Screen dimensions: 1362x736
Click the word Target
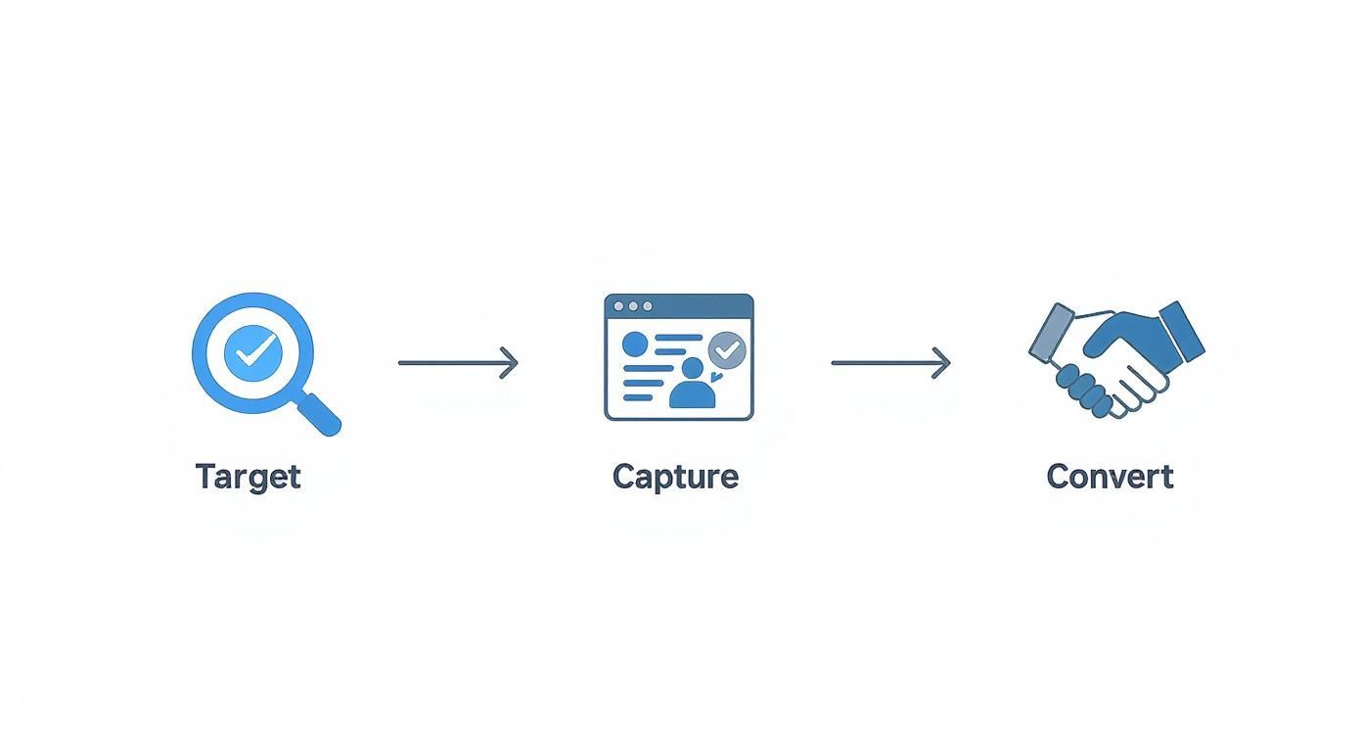[x=249, y=477]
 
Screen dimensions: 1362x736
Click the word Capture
[x=675, y=477]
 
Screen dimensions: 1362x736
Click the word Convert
[x=1111, y=477]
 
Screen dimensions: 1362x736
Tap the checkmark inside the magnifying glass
[x=254, y=352]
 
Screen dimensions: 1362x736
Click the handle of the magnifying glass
[x=319, y=414]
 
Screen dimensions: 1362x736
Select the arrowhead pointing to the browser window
[x=509, y=363]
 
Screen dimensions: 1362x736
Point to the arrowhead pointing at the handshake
[x=941, y=363]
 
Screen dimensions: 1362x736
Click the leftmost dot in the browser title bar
[x=619, y=306]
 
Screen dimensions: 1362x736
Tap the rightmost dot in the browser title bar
[x=648, y=306]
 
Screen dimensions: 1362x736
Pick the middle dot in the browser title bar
[x=634, y=306]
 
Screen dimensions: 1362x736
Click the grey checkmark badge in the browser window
[x=727, y=350]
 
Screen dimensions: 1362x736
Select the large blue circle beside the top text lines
[x=635, y=344]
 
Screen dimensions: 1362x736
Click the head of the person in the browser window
[x=693, y=368]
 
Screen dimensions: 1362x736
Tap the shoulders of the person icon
[x=693, y=395]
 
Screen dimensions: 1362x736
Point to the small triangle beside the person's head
[x=715, y=377]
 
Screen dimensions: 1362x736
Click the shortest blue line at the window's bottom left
[x=638, y=397]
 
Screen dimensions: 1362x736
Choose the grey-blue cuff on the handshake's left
[x=1051, y=332]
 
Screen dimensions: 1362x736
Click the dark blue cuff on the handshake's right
[x=1182, y=332]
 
